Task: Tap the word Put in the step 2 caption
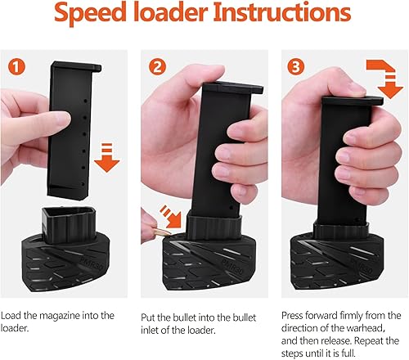click(151, 314)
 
